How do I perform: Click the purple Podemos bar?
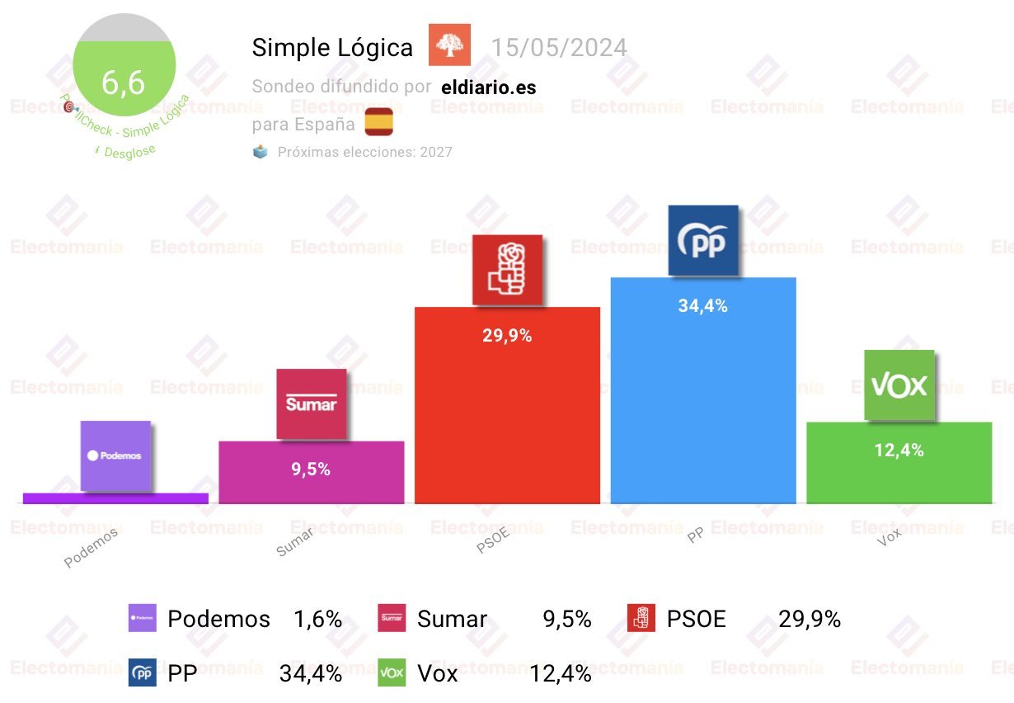pos(115,498)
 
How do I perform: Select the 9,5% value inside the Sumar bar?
pos(311,469)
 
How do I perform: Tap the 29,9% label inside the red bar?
pos(507,335)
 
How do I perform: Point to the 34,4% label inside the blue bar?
pos(702,305)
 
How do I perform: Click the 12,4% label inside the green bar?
pos(899,450)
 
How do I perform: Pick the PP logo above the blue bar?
pos(702,240)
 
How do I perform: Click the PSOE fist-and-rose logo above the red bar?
pos(507,270)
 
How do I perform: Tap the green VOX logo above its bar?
pos(899,385)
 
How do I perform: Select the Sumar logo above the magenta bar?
pos(311,403)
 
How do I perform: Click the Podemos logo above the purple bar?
pos(115,455)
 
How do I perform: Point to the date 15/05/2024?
pos(559,47)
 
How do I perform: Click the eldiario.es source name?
pos(488,87)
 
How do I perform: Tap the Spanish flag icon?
pos(379,121)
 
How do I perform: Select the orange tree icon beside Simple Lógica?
pos(449,45)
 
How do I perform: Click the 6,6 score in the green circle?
pos(123,82)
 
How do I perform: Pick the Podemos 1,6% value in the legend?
pos(317,619)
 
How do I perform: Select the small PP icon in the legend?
pos(142,673)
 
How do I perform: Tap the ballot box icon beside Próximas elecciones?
pos(261,152)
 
